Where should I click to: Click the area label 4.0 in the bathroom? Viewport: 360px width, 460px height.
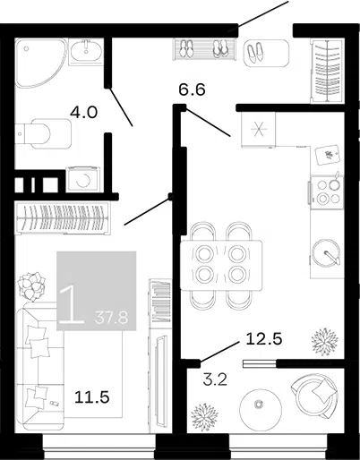coord(83,113)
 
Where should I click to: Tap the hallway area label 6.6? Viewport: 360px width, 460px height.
coord(192,89)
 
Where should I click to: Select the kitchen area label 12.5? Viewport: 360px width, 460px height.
coord(264,339)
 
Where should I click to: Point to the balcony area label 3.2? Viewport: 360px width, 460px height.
coord(215,379)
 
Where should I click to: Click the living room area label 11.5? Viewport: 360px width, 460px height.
coord(92,397)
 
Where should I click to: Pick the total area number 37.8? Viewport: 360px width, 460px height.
coord(111,318)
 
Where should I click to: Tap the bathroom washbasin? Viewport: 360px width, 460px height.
coord(86,51)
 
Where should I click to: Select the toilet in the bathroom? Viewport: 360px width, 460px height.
coord(43,133)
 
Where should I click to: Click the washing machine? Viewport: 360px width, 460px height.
coord(83,179)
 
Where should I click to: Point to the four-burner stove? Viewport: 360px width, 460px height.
coord(327,191)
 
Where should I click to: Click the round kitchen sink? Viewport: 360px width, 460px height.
coord(326,253)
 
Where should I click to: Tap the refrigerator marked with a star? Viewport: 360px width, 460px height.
coord(259,130)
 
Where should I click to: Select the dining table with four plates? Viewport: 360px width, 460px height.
coord(221,265)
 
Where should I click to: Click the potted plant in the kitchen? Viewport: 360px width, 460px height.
coord(325,341)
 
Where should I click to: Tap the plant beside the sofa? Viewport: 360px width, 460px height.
coord(31,286)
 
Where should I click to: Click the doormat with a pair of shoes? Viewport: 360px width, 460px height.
coord(267,53)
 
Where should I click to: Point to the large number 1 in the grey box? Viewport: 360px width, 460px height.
coord(72,306)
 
